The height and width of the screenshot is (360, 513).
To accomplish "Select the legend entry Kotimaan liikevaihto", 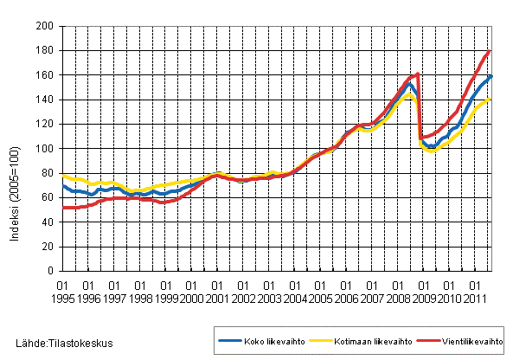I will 353,342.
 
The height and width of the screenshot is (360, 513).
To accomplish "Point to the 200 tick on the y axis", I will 45,27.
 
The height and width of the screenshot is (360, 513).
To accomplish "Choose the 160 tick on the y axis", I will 45,75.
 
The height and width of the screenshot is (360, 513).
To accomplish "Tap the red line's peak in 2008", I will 418,74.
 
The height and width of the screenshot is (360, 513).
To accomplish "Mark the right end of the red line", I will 491,51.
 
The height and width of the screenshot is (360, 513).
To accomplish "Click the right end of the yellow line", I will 491,99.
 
